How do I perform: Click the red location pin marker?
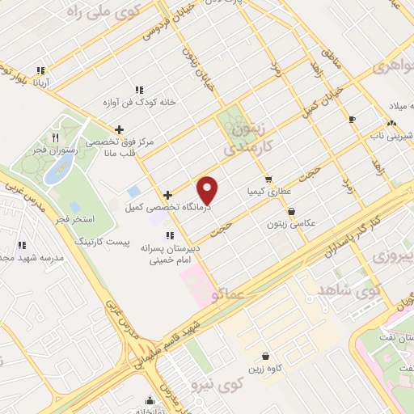click(x=209, y=189)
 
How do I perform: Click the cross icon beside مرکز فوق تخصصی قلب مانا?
click(x=119, y=129)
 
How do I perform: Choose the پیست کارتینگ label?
click(x=100, y=241)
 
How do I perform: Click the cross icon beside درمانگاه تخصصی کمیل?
click(x=167, y=195)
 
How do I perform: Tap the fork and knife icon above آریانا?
click(x=41, y=70)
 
